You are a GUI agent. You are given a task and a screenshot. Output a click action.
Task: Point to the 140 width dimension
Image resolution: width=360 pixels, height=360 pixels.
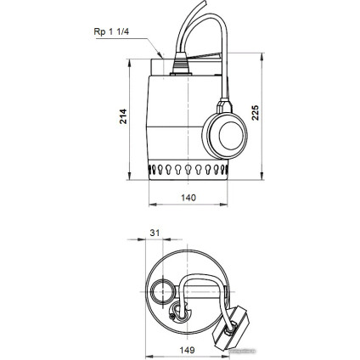click(x=188, y=198)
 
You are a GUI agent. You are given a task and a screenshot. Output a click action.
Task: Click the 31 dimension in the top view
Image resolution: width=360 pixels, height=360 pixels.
click(x=155, y=232)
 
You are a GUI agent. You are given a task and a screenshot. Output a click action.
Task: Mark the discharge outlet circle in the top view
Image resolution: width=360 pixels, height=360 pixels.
click(x=161, y=295)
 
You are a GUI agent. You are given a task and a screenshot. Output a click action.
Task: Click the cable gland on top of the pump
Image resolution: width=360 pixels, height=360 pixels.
click(x=180, y=62)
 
